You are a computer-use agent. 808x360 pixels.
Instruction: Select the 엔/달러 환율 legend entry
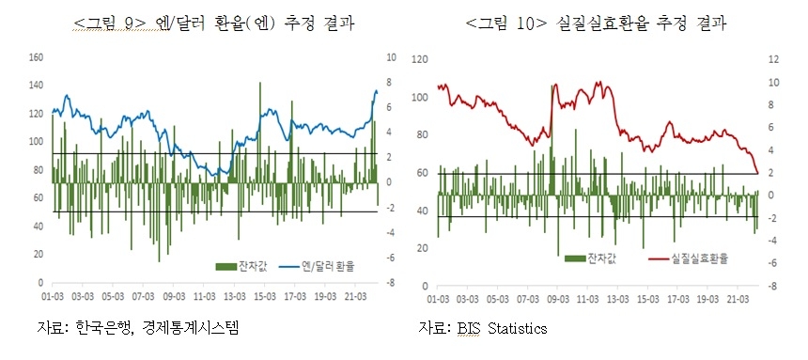(x=323, y=265)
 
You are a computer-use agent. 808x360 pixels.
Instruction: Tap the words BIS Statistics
(x=506, y=328)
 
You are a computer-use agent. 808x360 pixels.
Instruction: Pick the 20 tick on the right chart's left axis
(x=422, y=247)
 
